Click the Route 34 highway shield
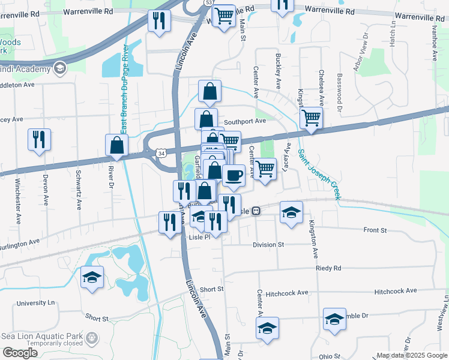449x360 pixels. (161, 154)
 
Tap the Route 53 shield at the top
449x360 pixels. (208, 3)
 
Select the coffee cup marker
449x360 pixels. (234, 175)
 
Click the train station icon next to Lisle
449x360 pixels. (256, 211)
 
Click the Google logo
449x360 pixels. (20, 353)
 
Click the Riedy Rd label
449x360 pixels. (328, 268)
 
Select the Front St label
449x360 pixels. (375, 230)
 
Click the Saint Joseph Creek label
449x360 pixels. (319, 174)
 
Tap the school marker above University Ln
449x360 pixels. (92, 277)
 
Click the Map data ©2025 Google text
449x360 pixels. (411, 355)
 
